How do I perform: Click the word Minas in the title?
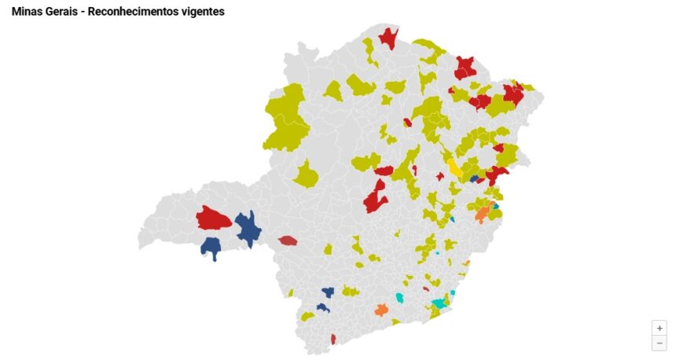coord(27,12)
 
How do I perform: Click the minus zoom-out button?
coord(659,343)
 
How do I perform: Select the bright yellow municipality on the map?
coord(454,167)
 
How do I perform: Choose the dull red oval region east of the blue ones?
coord(288,240)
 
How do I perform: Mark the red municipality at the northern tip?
coord(388,37)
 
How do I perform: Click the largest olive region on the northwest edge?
coord(287,123)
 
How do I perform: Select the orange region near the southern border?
coord(381,309)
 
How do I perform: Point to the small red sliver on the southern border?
coord(333,339)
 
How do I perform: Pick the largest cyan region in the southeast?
coord(439,303)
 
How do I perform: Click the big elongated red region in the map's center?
coord(376,197)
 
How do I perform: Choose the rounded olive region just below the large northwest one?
coord(307,174)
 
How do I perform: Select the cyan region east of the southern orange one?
coord(399,298)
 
